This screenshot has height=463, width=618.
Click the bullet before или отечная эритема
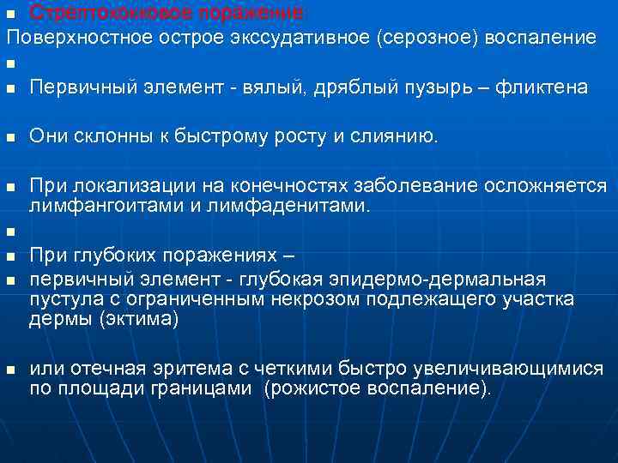[9, 370]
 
